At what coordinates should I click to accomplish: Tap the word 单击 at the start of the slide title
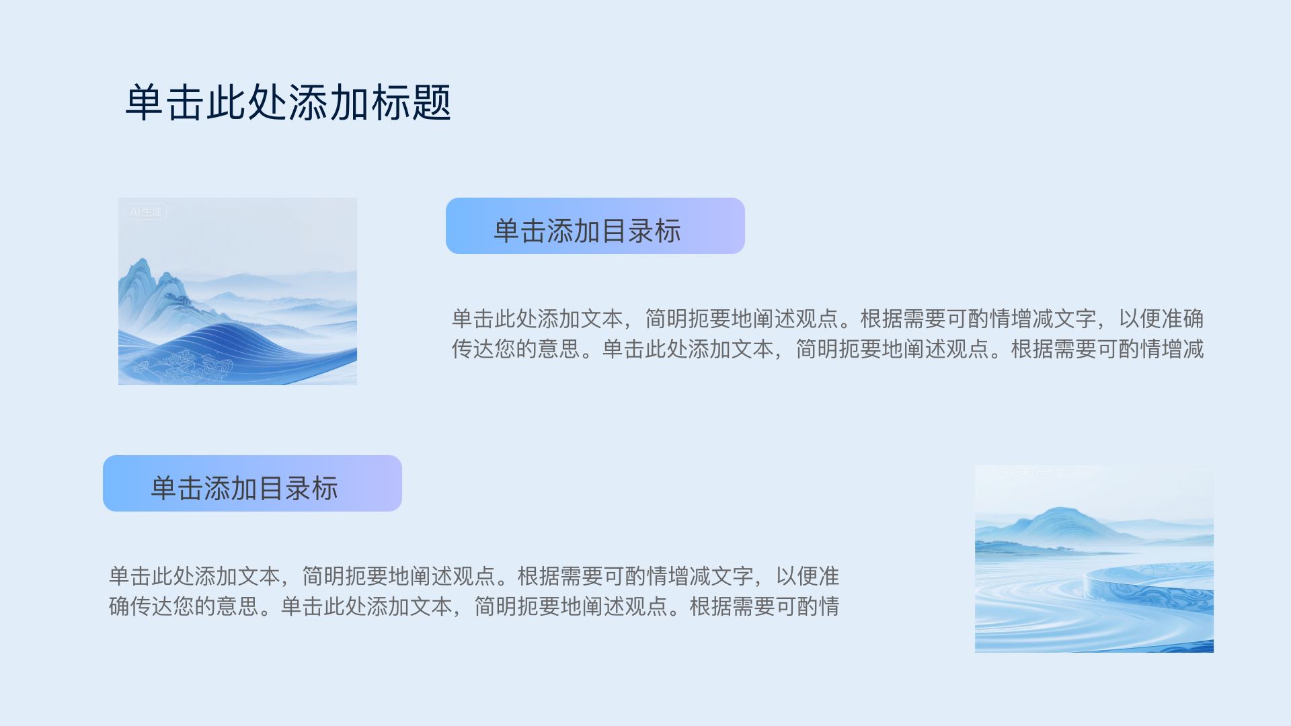165,103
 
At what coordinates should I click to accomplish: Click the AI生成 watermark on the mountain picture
146,212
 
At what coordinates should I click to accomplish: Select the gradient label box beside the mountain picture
595,226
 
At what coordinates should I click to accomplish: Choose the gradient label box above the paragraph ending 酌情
252,483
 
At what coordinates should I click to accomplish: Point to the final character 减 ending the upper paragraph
1194,349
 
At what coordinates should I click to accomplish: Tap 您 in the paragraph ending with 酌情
184,606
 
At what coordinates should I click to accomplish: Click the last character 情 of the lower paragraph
829,606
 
